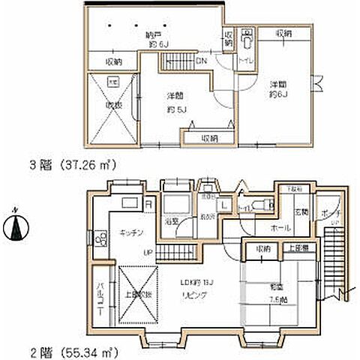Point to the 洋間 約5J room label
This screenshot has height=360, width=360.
pos(178,101)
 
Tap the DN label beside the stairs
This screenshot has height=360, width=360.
pos(202,60)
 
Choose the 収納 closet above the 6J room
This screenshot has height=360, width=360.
pos(283,34)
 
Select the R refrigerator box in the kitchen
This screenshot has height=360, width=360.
pos(148,202)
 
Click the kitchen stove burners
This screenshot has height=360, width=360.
pos(100,238)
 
